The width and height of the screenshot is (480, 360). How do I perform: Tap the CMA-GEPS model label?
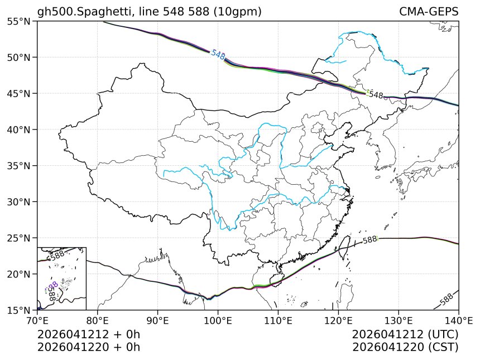[x=429, y=12]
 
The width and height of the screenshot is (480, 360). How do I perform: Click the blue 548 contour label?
[x=218, y=55]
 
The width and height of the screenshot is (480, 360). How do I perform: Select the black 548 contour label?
[x=376, y=95]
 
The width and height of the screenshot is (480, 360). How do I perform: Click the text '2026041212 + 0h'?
[x=88, y=335]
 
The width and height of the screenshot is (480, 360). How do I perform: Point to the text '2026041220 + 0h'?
[x=88, y=347]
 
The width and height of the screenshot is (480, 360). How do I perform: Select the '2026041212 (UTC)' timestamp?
[x=405, y=335]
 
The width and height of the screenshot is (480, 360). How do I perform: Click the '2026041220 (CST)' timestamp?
[x=405, y=347]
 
